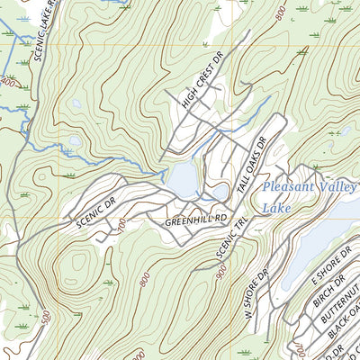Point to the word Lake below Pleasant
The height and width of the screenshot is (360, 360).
pyautogui.click(x=274, y=208)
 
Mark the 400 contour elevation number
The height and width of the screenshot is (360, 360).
pyautogui.click(x=9, y=82)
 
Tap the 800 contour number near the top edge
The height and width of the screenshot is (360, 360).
pyautogui.click(x=281, y=13)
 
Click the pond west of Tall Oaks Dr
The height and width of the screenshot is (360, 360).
pyautogui.click(x=184, y=177)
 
